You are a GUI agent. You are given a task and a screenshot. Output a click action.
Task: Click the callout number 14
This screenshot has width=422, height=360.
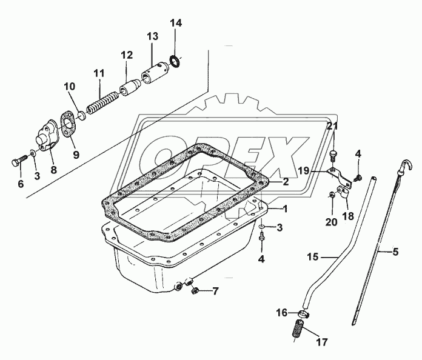click(x=175, y=24)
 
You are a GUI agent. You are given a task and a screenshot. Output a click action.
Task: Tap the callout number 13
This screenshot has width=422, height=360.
click(x=152, y=36)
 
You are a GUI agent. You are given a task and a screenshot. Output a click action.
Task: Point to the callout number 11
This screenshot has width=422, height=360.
click(x=98, y=73)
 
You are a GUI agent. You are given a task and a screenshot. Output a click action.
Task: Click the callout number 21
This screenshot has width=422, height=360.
click(x=331, y=126)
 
